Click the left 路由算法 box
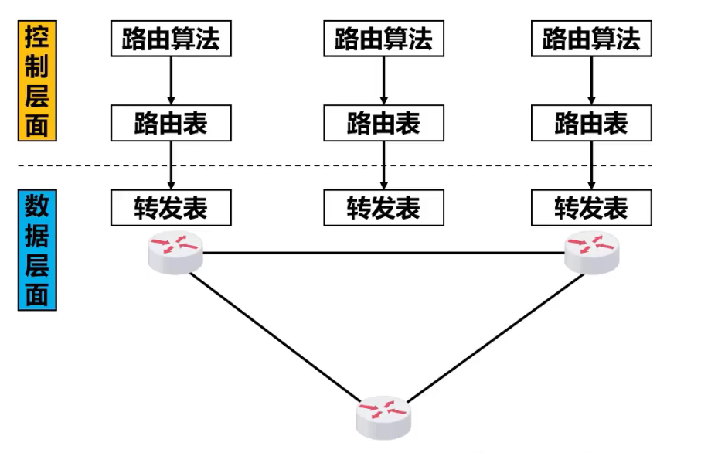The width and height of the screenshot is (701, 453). [171, 38]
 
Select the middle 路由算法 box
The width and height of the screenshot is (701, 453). [383, 38]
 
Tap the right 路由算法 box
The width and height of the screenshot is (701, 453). [591, 38]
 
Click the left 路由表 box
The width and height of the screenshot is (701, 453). [171, 124]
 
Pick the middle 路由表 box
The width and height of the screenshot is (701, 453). [383, 124]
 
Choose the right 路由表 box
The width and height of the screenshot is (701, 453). [591, 124]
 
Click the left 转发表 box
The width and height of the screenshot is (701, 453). [171, 207]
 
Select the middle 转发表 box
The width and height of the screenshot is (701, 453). [383, 207]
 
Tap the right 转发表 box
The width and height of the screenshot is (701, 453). [591, 207]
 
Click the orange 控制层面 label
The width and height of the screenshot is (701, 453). [37, 81]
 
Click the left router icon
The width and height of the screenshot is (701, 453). [175, 253]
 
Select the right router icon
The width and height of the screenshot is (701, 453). [591, 253]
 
